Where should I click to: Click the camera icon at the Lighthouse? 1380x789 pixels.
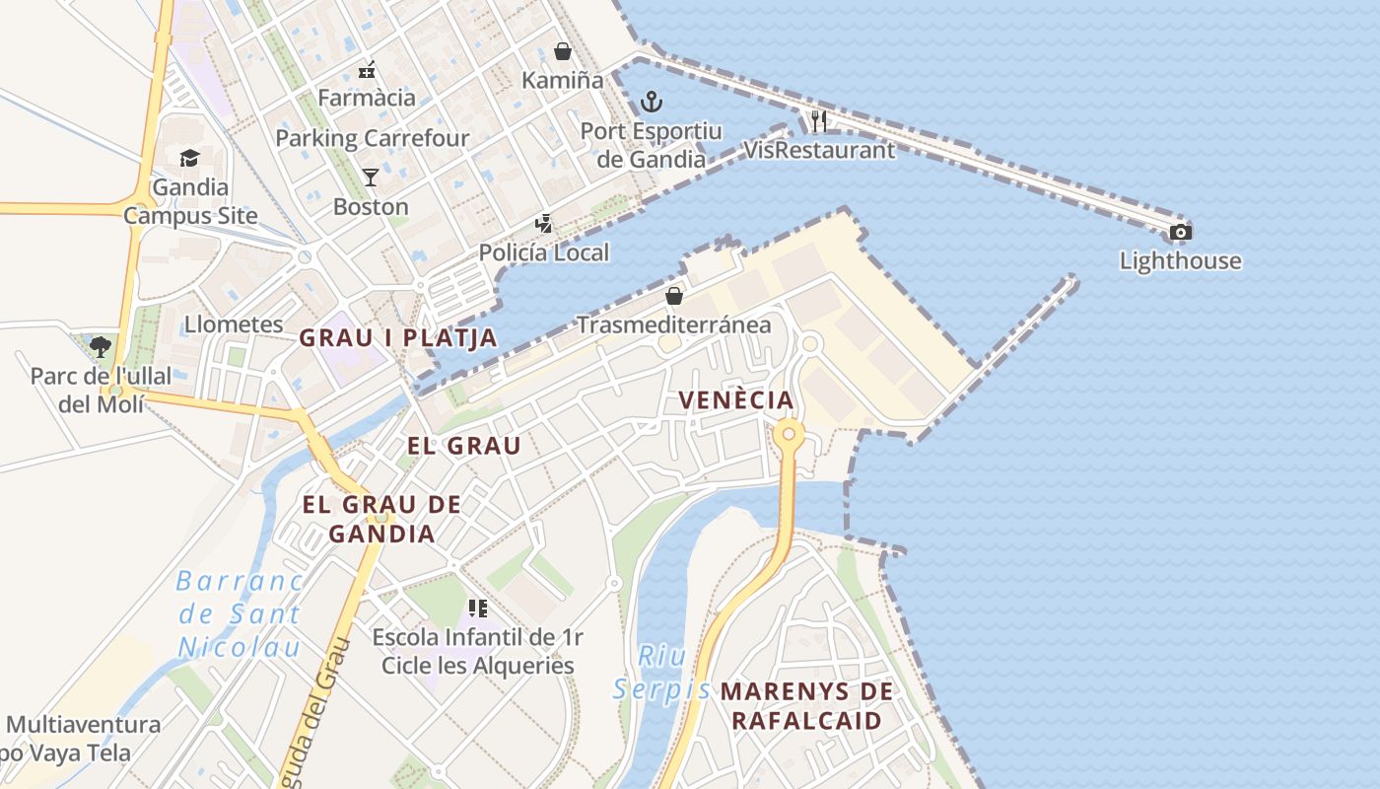tap(1180, 233)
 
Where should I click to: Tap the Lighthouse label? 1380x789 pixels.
tap(1180, 261)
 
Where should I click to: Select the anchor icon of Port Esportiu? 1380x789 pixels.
tap(651, 101)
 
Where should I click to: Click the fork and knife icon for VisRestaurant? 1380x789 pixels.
tap(819, 121)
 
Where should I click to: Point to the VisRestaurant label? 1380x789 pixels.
tap(819, 150)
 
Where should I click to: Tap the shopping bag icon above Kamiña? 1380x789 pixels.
tap(563, 51)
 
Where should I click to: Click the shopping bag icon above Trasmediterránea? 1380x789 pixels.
tap(674, 296)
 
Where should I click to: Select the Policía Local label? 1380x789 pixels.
tap(544, 252)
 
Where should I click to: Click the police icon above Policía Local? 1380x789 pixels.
tap(543, 224)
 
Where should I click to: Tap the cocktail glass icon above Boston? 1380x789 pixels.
tap(371, 178)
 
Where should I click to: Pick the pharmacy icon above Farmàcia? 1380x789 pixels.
tap(367, 69)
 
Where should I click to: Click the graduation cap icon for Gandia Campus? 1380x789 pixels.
tap(189, 158)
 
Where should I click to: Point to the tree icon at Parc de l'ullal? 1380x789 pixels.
tap(100, 346)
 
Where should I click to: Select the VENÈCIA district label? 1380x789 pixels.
tap(736, 399)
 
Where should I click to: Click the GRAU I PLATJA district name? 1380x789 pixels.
tap(398, 338)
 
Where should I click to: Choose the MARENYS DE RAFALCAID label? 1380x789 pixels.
tap(806, 706)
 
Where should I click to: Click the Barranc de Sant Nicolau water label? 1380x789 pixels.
tap(240, 613)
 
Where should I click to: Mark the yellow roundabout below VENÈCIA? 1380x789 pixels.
tap(789, 434)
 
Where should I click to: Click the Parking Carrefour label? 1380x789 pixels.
tap(373, 138)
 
